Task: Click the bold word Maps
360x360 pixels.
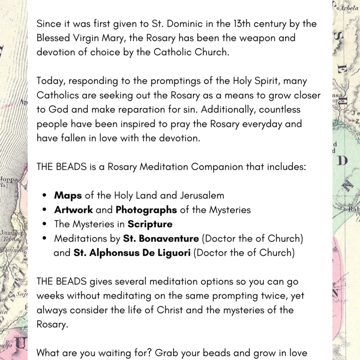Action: point(68,196)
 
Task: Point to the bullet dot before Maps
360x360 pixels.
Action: point(44,196)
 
